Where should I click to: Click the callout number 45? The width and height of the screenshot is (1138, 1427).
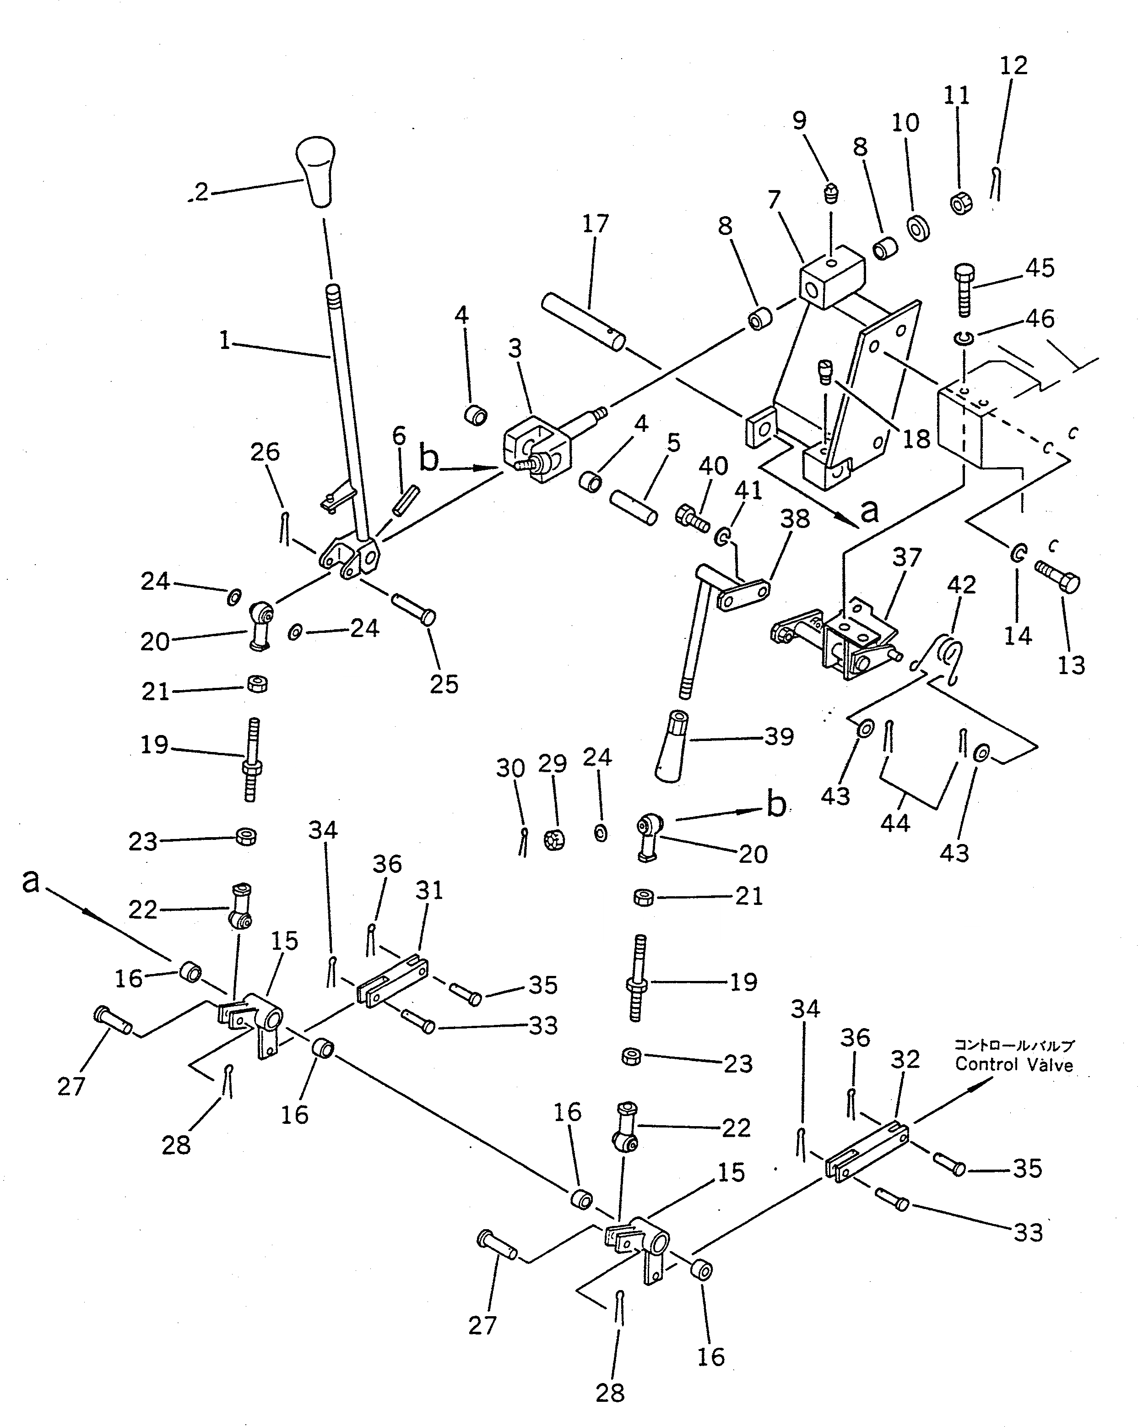[1040, 268]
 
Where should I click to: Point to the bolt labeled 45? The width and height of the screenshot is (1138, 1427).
[965, 289]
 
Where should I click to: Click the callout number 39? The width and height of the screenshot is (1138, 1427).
[779, 737]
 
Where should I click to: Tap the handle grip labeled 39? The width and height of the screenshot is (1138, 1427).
[672, 745]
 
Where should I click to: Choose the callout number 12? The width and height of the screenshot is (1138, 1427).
[1013, 65]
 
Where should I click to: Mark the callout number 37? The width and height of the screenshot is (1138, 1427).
[906, 558]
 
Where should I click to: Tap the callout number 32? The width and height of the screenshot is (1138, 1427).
[905, 1060]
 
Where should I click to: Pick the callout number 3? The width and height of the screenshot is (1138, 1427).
[515, 349]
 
